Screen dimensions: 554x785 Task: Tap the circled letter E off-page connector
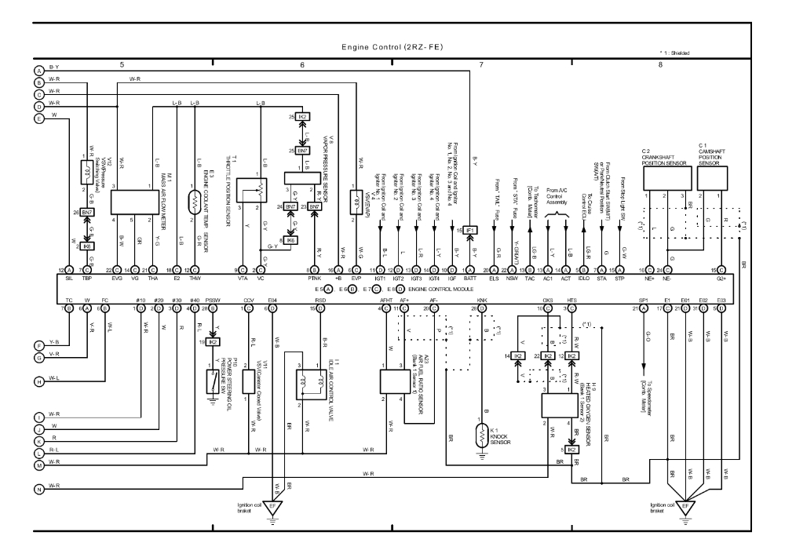coord(38,118)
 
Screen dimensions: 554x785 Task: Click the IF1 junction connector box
coord(469,230)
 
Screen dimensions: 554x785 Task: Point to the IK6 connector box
coord(292,240)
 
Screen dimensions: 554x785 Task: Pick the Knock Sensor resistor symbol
coord(483,434)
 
